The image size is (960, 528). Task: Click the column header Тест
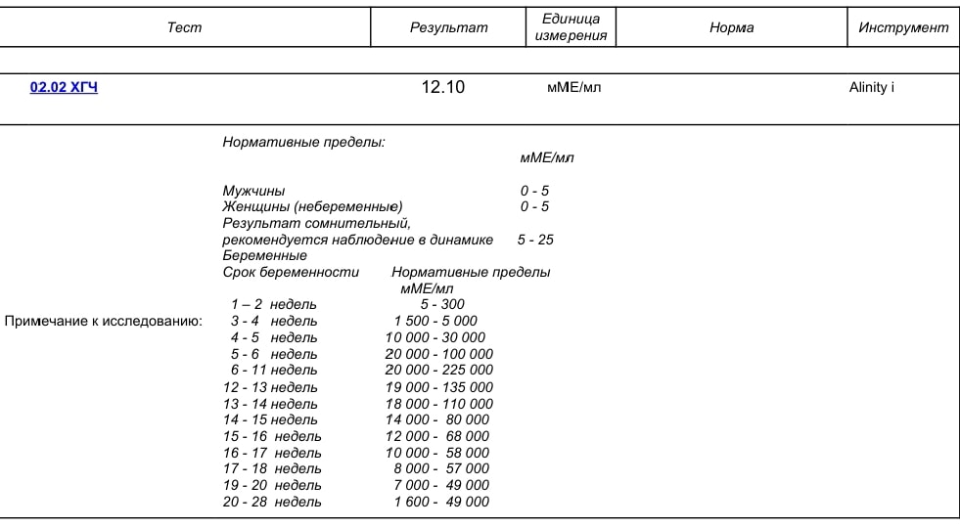point(184,27)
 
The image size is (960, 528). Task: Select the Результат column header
point(448,27)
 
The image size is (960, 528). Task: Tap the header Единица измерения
point(571,27)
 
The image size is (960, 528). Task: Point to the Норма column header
point(731,27)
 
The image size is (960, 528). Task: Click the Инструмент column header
point(903,27)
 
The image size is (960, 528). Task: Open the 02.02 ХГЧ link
point(64,87)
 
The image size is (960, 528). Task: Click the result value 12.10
point(443,87)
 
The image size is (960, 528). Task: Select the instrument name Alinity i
point(871,87)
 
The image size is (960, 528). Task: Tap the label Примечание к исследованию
point(104,321)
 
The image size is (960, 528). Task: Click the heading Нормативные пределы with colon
point(303,142)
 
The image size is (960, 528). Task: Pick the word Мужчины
point(253,191)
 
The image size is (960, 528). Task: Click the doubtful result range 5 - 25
point(535,240)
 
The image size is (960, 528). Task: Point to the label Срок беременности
point(291,272)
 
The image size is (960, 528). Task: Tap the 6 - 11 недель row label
point(274,371)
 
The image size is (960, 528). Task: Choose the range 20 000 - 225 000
point(439,371)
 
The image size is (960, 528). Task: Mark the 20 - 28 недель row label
point(272,503)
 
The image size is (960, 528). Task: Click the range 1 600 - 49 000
point(441,503)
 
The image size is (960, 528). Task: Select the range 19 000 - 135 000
point(439,387)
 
